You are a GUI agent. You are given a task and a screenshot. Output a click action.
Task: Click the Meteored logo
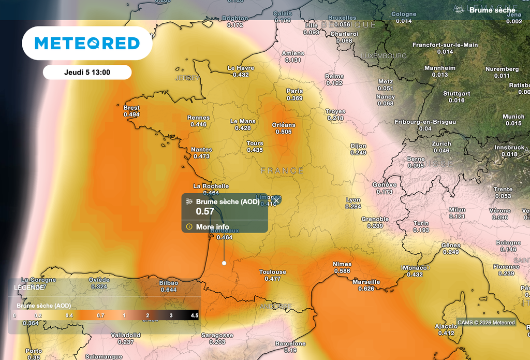[x=87, y=44]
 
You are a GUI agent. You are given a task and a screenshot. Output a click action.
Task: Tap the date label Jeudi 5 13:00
[x=87, y=73]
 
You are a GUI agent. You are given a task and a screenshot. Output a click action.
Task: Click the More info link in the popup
[x=212, y=227]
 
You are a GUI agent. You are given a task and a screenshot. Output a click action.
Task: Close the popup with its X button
[x=277, y=200]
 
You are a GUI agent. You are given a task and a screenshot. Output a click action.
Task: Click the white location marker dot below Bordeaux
[x=224, y=263]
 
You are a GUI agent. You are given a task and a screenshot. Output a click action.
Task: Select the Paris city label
[x=295, y=91]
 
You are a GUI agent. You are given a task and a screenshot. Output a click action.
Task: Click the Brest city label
[x=131, y=108]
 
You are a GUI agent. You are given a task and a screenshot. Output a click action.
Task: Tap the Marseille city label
[x=366, y=282]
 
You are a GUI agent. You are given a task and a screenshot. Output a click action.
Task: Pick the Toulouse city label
[x=272, y=272]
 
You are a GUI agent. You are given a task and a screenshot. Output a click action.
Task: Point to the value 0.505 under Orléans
[x=284, y=132]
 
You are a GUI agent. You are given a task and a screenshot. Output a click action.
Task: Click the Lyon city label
[x=353, y=200]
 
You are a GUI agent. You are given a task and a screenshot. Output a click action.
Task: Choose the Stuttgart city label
[x=457, y=94]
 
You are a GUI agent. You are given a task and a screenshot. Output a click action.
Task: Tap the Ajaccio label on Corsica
[x=446, y=326]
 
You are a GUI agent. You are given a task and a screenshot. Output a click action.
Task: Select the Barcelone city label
[x=290, y=344]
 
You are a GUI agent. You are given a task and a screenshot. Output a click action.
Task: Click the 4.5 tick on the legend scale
[x=195, y=315]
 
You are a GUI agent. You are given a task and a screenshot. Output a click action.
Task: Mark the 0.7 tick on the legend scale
[x=101, y=315]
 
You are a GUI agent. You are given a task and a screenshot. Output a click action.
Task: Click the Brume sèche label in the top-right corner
[x=492, y=10]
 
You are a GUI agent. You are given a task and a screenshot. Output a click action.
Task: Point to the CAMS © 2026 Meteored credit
[x=487, y=323]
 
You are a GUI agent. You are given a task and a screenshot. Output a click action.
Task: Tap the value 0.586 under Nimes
[x=342, y=271]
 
